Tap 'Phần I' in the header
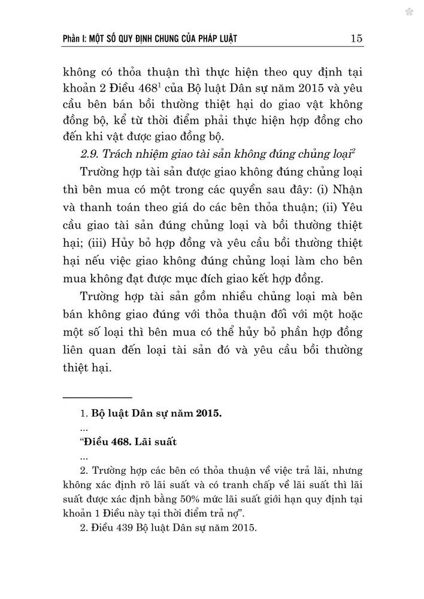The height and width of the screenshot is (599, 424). [77, 40]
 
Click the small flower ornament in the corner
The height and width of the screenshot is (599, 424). [409, 12]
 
